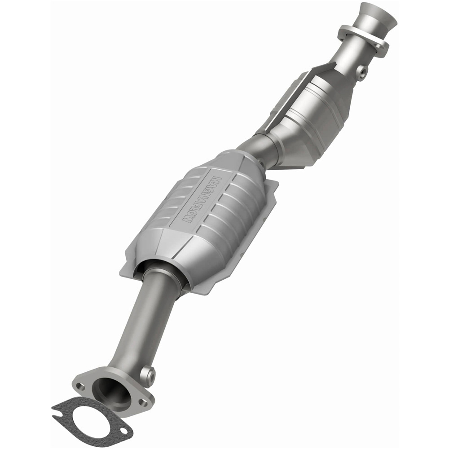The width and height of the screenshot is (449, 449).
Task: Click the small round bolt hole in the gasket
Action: point(122,432)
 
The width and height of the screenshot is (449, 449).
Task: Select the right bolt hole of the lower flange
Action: point(142,402)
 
